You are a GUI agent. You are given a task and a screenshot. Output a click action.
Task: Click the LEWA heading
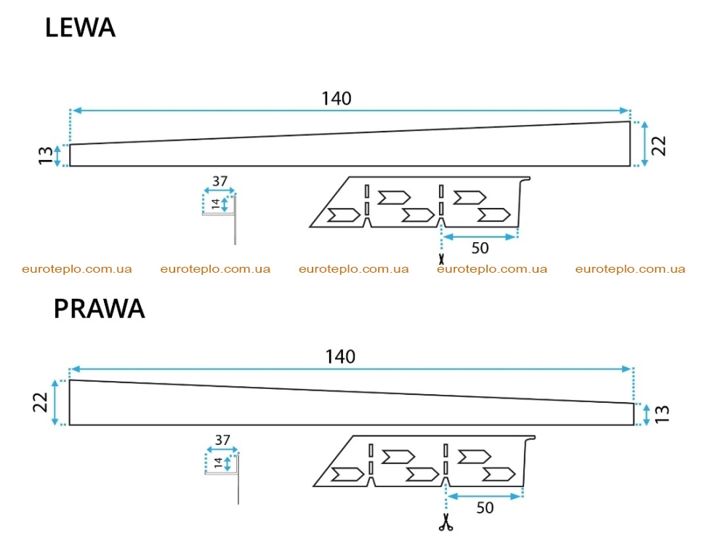click(80, 28)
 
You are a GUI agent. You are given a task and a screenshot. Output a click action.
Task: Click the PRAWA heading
click(100, 308)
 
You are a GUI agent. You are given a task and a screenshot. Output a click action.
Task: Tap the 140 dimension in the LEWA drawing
click(337, 98)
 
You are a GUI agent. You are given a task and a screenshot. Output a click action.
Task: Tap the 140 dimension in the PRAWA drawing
click(340, 357)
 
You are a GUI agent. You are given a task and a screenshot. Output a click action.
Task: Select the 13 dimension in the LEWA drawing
click(45, 156)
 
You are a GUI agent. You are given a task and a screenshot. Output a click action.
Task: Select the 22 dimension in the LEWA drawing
click(658, 146)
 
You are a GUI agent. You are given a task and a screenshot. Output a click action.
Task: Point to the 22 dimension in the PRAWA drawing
click(40, 402)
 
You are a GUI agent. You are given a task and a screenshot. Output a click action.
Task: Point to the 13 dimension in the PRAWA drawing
click(662, 414)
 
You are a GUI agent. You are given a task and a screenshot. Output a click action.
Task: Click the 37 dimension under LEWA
click(220, 181)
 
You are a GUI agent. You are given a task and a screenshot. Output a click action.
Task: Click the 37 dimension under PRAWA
click(222, 440)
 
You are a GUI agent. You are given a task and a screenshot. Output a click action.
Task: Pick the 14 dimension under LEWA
click(215, 204)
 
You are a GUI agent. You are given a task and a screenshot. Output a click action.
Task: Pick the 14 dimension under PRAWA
click(218, 462)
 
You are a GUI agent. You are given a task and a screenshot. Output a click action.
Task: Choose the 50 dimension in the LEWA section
click(480, 248)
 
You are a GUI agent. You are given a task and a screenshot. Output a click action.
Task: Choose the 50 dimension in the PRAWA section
click(485, 508)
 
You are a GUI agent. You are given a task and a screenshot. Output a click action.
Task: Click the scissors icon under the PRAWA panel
click(446, 523)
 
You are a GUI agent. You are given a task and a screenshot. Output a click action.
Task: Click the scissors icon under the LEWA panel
click(441, 259)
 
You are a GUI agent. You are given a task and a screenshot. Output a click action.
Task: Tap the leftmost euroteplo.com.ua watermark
click(77, 269)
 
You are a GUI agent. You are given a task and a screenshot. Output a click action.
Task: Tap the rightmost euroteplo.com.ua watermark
click(630, 269)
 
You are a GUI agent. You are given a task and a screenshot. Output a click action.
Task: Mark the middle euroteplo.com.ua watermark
click(354, 269)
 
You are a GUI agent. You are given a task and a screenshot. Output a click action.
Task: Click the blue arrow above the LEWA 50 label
click(479, 237)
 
